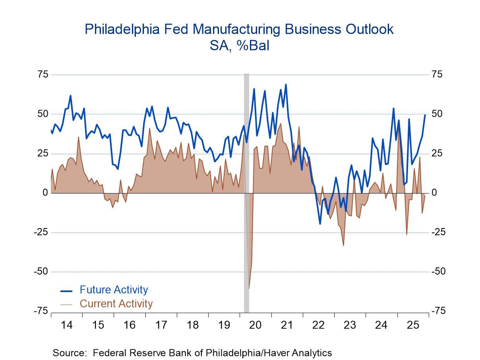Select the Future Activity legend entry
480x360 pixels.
point(114,290)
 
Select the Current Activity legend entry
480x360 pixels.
point(116,304)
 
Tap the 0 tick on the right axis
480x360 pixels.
point(434,193)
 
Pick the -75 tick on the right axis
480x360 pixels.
point(439,311)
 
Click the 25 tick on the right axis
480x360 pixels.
point(437,153)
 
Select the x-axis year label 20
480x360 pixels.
point(255,325)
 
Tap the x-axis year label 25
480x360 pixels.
point(413,325)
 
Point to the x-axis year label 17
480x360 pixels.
point(161,325)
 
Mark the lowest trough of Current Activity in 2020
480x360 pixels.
point(249,288)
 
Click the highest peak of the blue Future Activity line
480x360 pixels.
point(286,84)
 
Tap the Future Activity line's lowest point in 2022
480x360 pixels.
point(320,224)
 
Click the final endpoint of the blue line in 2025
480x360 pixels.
point(425,115)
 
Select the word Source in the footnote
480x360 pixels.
point(68,352)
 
